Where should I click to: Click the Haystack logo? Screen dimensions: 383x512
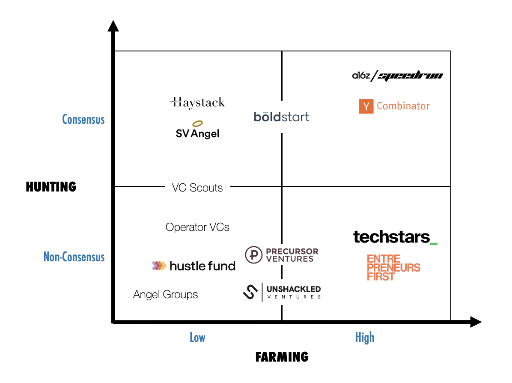(197, 102)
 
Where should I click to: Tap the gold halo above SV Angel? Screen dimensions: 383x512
(197, 124)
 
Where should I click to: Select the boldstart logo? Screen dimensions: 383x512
(281, 117)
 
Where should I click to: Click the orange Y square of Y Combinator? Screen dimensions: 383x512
(366, 106)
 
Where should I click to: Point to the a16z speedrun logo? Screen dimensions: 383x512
(397, 76)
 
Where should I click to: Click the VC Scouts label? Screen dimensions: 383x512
(197, 188)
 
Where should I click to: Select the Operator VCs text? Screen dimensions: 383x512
(197, 227)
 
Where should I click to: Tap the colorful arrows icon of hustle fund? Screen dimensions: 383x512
(159, 266)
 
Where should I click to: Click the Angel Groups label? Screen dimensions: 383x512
(166, 295)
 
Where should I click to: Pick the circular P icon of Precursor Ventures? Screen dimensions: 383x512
(254, 255)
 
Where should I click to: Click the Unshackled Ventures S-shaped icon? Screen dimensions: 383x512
(250, 291)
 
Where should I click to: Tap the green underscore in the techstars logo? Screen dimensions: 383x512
(433, 243)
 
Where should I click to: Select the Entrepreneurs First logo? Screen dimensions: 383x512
(393, 268)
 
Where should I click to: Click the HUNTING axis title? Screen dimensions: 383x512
(51, 187)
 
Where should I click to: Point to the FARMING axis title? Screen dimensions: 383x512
(282, 357)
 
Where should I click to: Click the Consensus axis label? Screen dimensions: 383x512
(83, 119)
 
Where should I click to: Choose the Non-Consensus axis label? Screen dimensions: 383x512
(74, 257)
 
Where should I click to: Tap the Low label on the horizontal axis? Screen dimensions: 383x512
(197, 338)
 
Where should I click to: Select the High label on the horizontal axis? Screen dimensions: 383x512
(365, 338)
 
